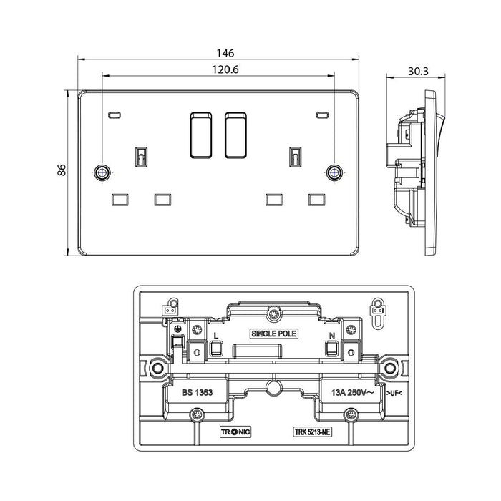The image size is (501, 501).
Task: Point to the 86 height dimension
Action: pos(62,170)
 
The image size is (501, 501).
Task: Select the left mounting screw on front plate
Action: pos(102,172)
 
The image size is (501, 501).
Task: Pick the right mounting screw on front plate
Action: pos(334,172)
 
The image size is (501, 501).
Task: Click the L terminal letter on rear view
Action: pos(216,334)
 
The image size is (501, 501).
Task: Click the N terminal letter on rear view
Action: pos(331,334)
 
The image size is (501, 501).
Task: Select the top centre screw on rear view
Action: pos(273,312)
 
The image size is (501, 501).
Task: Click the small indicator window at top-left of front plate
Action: pos(115,115)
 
